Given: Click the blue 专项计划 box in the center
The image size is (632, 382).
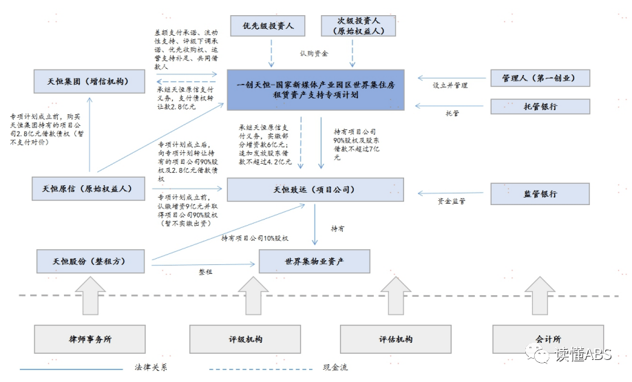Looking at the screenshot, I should (x=316, y=89).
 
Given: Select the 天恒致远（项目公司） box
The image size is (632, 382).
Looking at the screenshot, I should (x=315, y=189).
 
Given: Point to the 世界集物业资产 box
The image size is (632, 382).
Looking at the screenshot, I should (x=314, y=262).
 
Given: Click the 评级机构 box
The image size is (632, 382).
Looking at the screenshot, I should (x=245, y=339).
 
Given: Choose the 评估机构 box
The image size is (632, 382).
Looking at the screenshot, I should (x=395, y=339).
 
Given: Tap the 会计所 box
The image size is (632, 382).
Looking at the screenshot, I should (x=547, y=339).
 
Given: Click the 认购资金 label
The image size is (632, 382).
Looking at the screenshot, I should (x=314, y=53).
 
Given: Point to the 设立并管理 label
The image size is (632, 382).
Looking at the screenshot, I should (x=450, y=85).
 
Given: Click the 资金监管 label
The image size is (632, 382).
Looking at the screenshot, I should (x=452, y=201).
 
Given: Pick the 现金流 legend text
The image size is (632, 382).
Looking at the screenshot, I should (x=335, y=368).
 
